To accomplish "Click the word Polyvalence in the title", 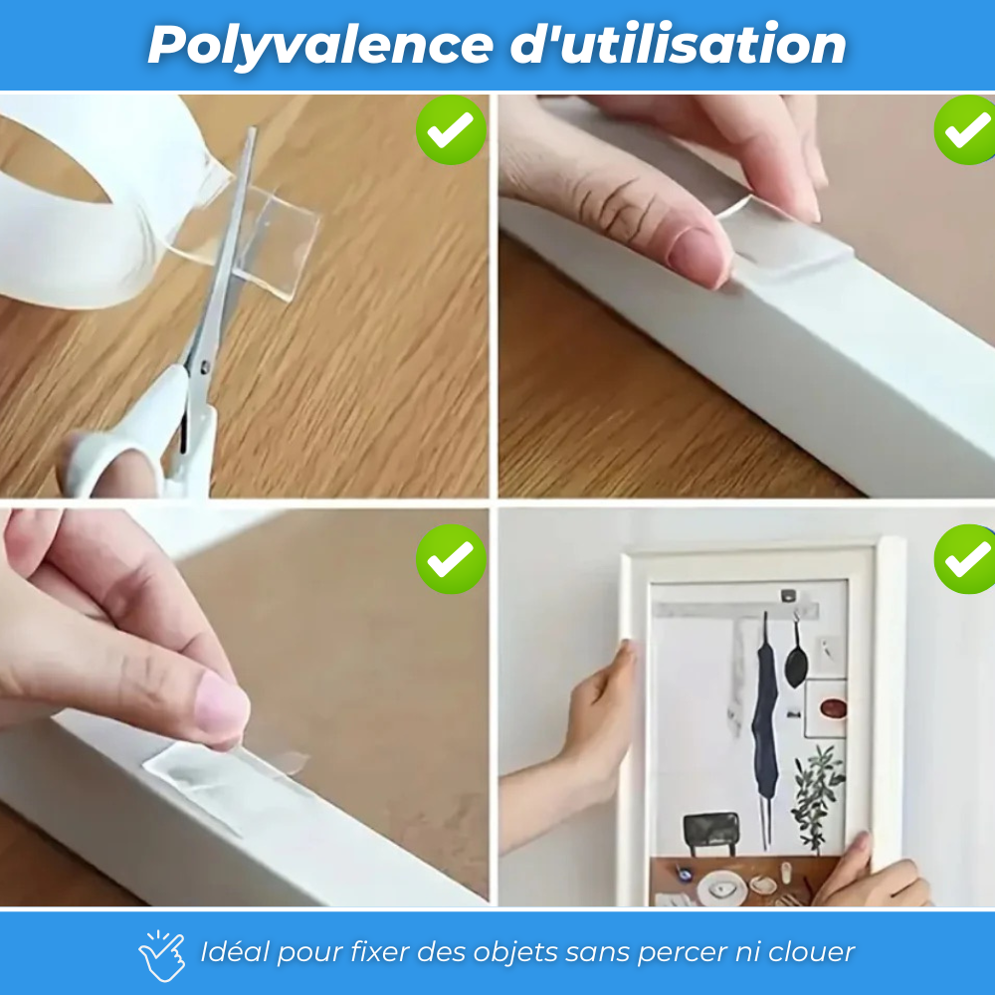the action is pyautogui.click(x=320, y=46).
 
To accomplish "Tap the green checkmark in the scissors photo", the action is pyautogui.click(x=451, y=130).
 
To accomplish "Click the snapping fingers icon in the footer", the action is pyautogui.click(x=162, y=955).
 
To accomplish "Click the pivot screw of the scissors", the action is pyautogui.click(x=204, y=366).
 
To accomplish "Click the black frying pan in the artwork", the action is pyautogui.click(x=796, y=656).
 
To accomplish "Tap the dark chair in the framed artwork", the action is pyautogui.click(x=710, y=835).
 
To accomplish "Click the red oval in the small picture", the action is pyautogui.click(x=833, y=707).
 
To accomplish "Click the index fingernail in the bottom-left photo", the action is pyautogui.click(x=222, y=703).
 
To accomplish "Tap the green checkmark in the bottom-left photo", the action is pyautogui.click(x=451, y=559).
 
